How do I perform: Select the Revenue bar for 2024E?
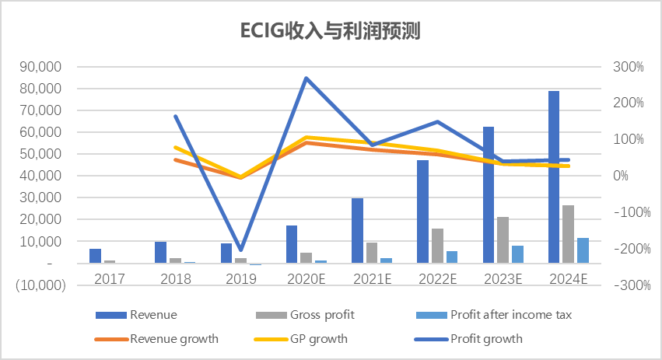point(554,177)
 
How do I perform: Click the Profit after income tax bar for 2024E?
point(583,250)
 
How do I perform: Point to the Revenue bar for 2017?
point(95,256)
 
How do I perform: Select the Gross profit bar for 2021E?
point(372,253)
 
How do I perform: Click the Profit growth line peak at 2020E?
point(306,78)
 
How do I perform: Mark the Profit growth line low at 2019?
point(241,250)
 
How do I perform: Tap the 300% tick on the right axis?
point(629,67)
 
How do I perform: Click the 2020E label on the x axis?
point(306,278)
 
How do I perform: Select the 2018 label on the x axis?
point(175,278)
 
